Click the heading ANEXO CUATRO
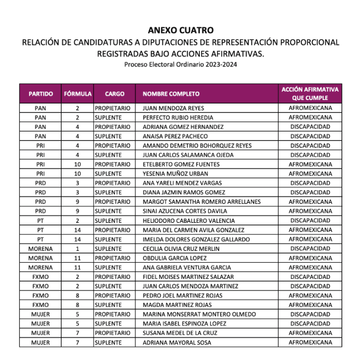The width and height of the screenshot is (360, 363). pyautogui.click(x=180, y=31)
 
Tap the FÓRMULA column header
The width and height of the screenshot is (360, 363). pyautogui.click(x=78, y=94)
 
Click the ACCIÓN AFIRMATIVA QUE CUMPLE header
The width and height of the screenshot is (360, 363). pyautogui.click(x=310, y=94)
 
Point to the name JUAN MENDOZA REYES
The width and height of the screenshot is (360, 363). pyautogui.click(x=173, y=108)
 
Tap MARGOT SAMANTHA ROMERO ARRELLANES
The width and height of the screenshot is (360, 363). pyautogui.click(x=201, y=202)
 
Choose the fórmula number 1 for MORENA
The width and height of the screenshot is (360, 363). pyautogui.click(x=77, y=249)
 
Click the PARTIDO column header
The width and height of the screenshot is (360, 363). pyautogui.click(x=41, y=94)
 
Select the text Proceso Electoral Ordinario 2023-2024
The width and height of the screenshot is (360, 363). pyautogui.click(x=180, y=64)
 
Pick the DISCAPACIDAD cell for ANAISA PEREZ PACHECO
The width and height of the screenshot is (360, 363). pyautogui.click(x=310, y=136)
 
